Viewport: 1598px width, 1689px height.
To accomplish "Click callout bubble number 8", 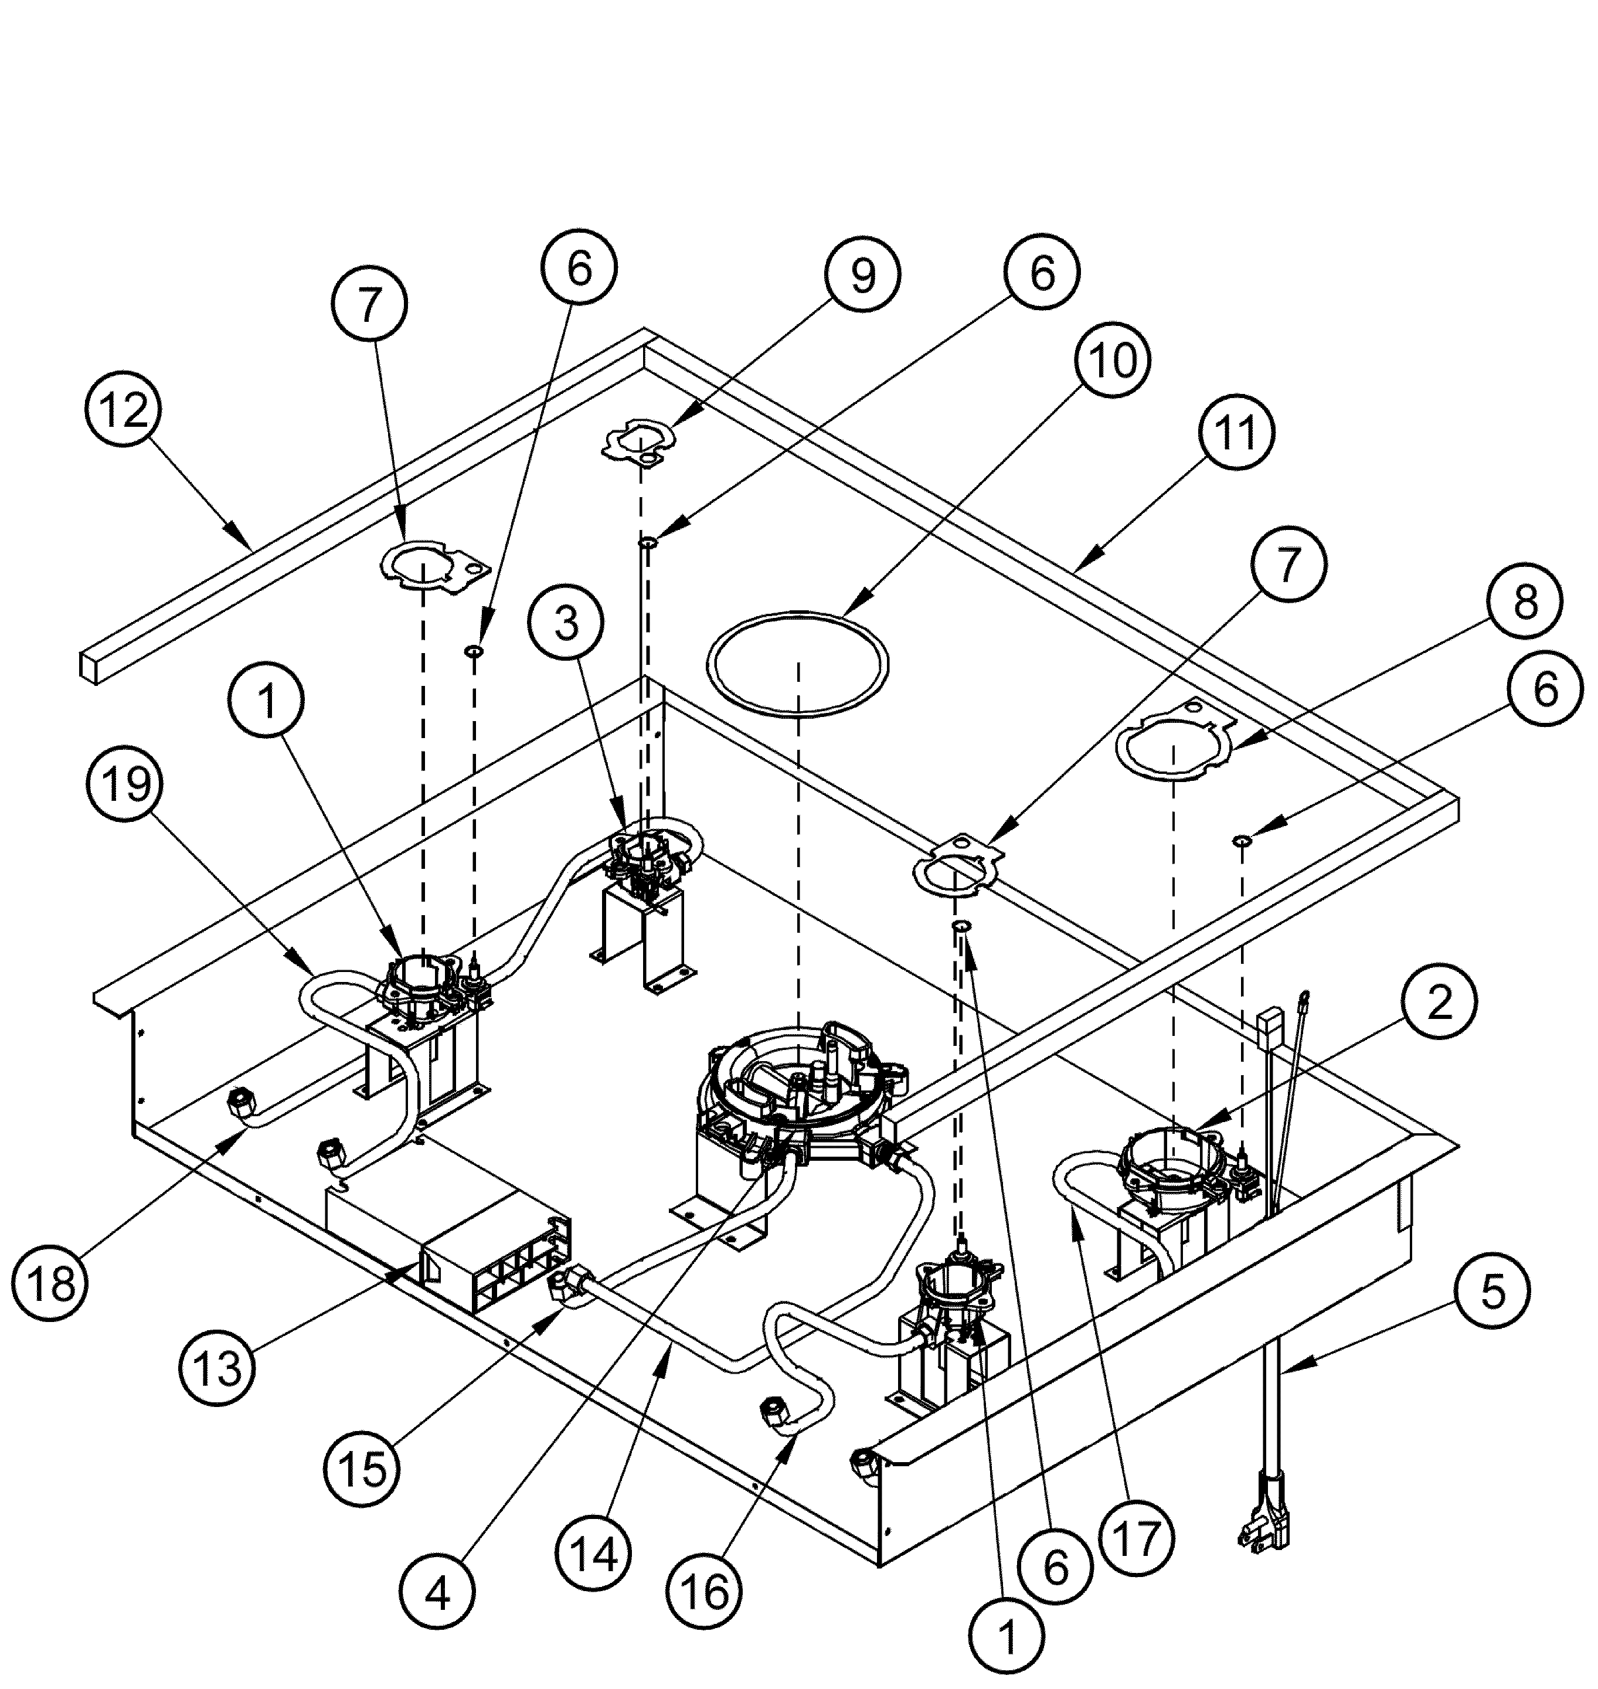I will [x=1525, y=602].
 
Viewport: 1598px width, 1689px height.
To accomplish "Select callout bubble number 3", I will [x=566, y=623].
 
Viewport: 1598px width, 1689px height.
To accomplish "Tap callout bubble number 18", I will [x=50, y=1283].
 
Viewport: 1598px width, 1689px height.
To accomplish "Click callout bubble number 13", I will [x=217, y=1367].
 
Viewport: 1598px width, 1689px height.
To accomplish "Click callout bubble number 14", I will [x=594, y=1555].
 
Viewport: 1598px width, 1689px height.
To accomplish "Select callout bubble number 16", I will [x=705, y=1591].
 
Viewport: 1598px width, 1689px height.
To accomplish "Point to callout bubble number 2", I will [x=1439, y=1005].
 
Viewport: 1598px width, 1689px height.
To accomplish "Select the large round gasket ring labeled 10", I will [x=798, y=656].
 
